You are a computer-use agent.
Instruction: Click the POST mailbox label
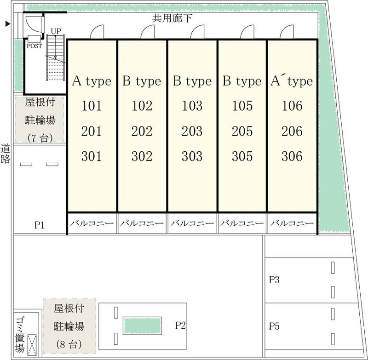point(34,46)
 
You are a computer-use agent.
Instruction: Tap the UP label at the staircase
point(56,31)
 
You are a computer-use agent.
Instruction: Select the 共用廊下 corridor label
point(172,18)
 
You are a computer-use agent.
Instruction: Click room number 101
point(92,106)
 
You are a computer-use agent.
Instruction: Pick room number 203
point(192,131)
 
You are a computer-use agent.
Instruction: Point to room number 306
point(292,156)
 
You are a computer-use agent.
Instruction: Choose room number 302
point(142,156)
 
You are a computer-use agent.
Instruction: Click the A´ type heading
point(292,81)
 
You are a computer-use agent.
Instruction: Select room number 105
point(242,106)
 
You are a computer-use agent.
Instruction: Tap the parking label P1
point(40,225)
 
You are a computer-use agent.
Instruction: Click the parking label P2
point(180,326)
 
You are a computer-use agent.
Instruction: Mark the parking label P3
point(274,280)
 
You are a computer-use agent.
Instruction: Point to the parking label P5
point(274,326)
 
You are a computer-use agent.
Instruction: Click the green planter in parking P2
point(142,326)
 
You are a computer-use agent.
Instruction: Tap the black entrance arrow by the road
point(8,23)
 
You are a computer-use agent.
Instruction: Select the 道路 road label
point(5,154)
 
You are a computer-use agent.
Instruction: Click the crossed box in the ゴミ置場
point(32,344)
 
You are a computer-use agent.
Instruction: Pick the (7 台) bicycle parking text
point(40,138)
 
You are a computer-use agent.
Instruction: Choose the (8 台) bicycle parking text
point(69,344)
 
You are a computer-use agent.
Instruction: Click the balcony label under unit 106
point(292,223)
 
